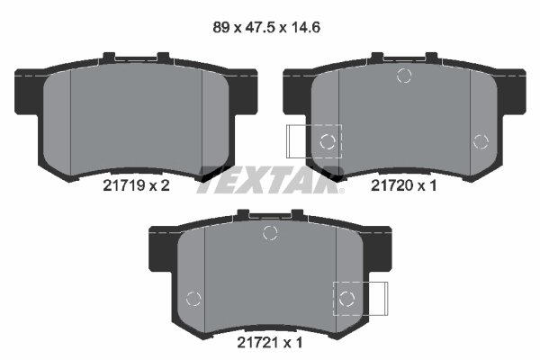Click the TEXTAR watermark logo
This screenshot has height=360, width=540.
270,176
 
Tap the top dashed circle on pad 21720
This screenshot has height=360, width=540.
404,76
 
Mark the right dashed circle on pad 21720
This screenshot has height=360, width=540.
481,140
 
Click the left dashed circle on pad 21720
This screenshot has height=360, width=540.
328,140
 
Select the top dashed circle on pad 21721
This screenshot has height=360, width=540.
269,234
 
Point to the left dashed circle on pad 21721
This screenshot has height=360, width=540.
192,299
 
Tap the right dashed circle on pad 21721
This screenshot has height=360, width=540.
346,298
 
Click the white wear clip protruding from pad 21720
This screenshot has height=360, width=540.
297,141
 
